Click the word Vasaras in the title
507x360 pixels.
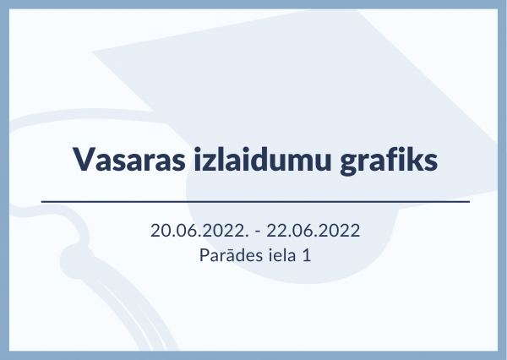coord(129,159)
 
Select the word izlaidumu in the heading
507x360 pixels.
coord(263,159)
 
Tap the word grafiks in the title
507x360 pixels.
coord(389,161)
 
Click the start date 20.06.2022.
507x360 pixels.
coord(199,231)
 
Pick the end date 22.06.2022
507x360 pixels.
coord(313,231)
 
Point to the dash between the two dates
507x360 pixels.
coord(258,232)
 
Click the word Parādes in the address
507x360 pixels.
coord(232,254)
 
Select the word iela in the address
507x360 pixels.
coord(282,254)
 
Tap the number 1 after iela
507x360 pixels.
coord(307,255)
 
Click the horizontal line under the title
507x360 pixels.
coord(255,201)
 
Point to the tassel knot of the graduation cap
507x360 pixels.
coord(75,261)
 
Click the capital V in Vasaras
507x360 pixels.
coord(84,159)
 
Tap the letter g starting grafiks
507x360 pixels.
coord(350,164)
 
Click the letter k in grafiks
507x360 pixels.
coord(412,159)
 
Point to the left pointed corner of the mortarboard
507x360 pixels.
coord(92,52)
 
